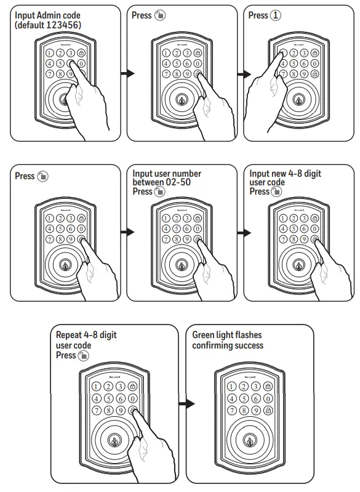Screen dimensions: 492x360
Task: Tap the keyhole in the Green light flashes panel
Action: [249, 441]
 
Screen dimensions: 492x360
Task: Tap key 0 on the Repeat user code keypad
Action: [134, 398]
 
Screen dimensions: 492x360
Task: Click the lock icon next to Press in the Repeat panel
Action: [84, 356]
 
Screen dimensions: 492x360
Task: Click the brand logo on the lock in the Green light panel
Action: [249, 374]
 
